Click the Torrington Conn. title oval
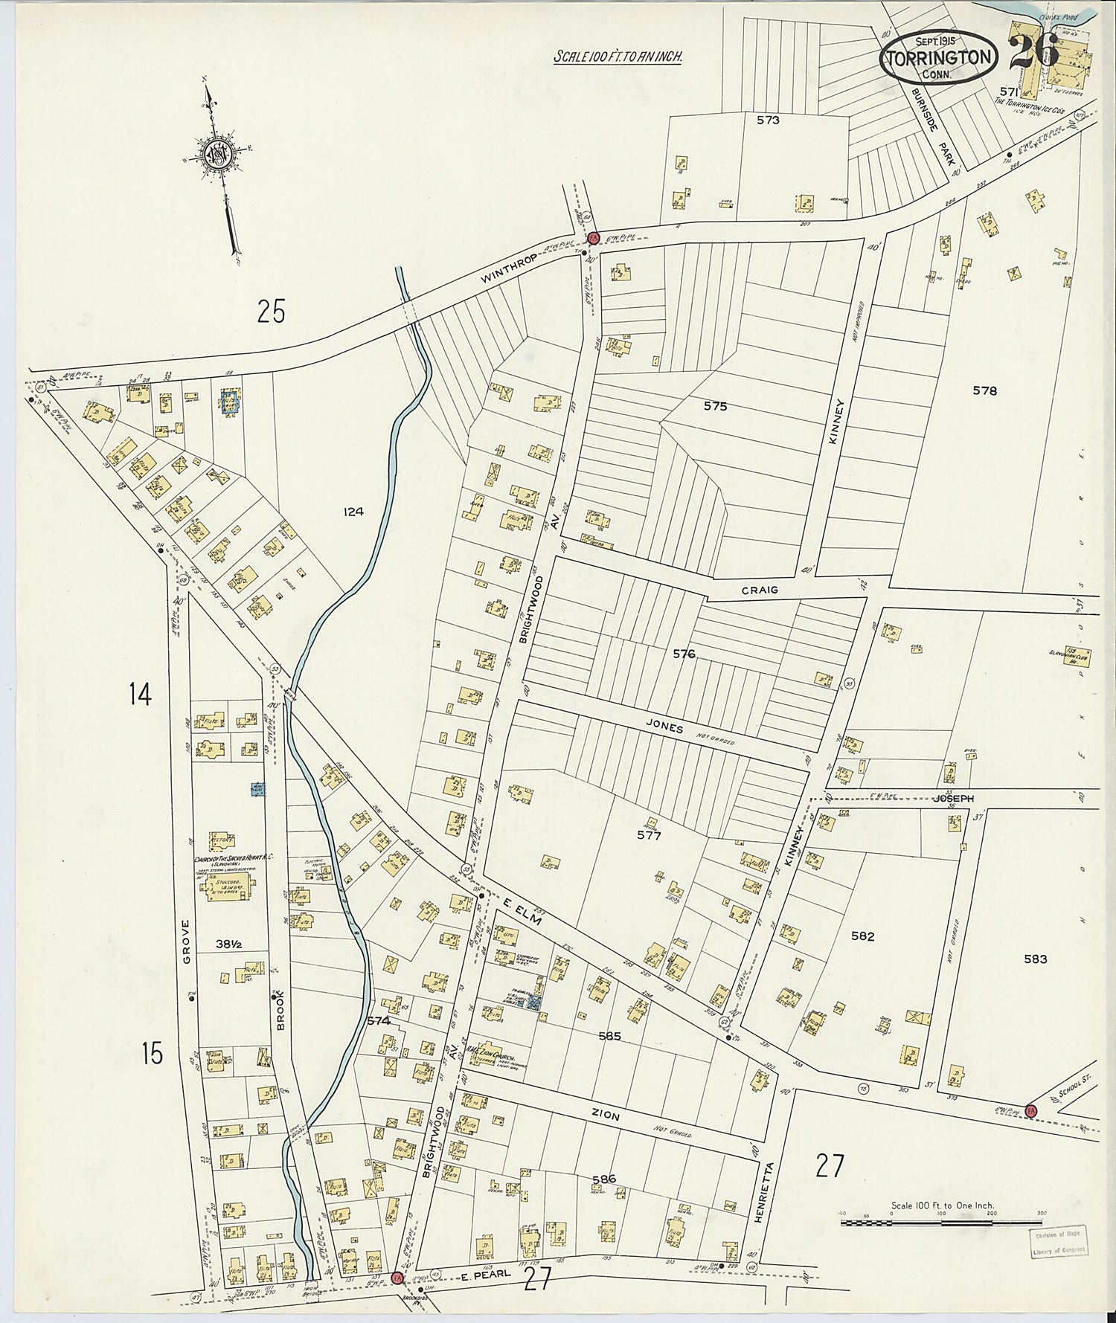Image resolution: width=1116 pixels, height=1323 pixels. pyautogui.click(x=938, y=58)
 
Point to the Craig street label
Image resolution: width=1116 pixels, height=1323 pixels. pyautogui.click(x=758, y=590)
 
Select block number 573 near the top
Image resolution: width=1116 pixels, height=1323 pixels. pyautogui.click(x=767, y=119)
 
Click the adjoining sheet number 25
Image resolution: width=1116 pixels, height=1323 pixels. pyautogui.click(x=271, y=311)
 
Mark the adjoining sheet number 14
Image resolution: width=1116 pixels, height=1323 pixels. pyautogui.click(x=140, y=695)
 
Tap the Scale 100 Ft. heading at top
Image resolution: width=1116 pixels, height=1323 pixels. pyautogui.click(x=618, y=57)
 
